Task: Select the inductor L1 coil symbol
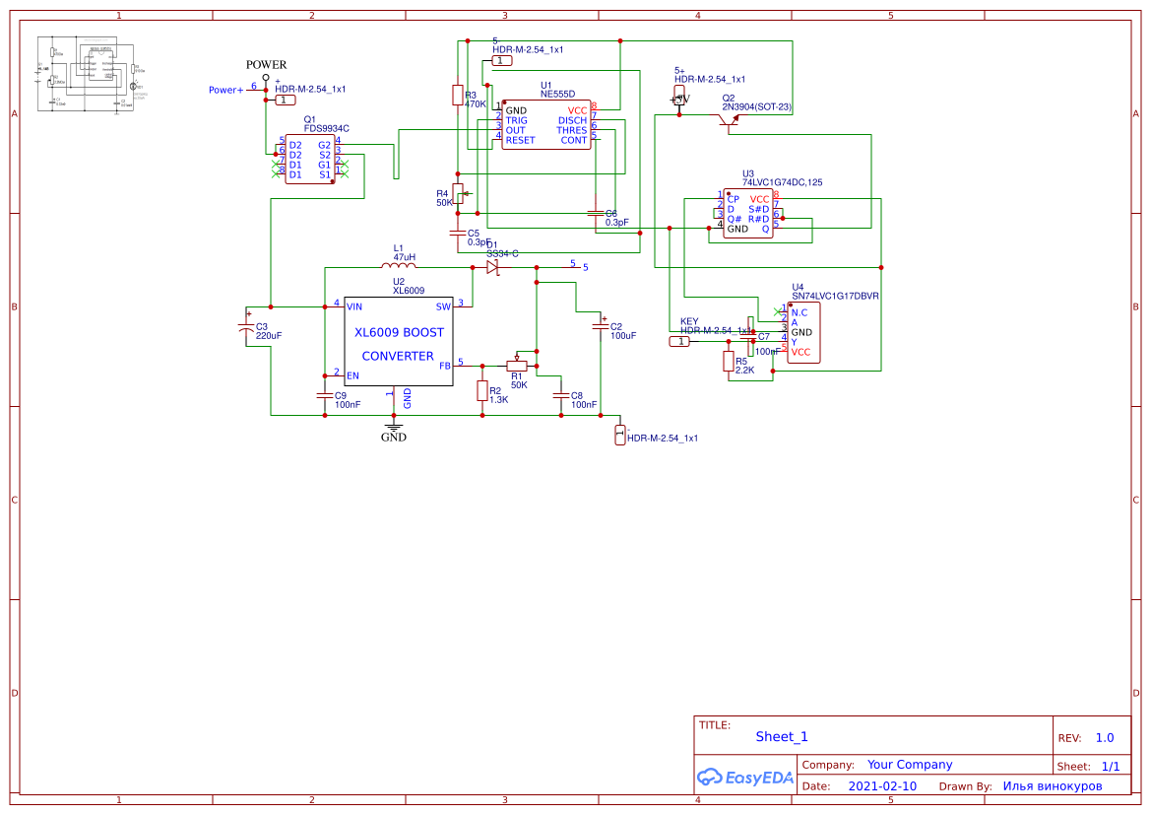point(398,266)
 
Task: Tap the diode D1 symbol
point(493,266)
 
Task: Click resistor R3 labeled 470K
point(457,95)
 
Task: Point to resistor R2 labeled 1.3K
point(481,391)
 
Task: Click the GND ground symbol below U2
point(393,428)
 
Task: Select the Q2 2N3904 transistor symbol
point(729,119)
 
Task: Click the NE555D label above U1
point(557,95)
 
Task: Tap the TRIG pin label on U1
point(517,120)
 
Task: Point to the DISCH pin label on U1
point(572,120)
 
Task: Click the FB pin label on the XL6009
point(444,366)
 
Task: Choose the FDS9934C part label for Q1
point(326,128)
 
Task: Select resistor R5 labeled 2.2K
point(729,362)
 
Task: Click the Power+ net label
point(225,90)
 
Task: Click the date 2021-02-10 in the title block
point(882,786)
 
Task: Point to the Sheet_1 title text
point(782,736)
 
